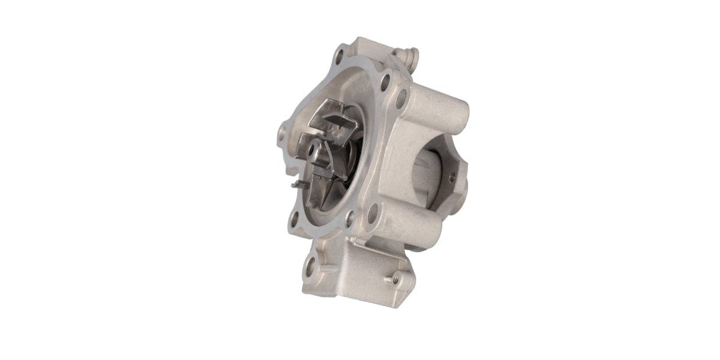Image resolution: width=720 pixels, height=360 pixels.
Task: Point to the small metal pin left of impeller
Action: pos(298,184)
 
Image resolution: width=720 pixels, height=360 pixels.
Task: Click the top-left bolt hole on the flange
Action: pos(339,59)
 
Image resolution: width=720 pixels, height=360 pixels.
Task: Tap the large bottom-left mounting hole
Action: pos(310,266)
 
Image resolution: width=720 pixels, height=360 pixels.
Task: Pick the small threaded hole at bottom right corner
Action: pos(396,278)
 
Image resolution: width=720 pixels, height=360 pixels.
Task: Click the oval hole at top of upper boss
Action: pos(401,97)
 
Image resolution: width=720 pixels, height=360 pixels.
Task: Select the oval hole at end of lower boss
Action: pos(372,211)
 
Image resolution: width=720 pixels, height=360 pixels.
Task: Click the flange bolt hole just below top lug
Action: pos(385,80)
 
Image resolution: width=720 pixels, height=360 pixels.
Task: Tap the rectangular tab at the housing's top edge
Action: pos(367,46)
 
